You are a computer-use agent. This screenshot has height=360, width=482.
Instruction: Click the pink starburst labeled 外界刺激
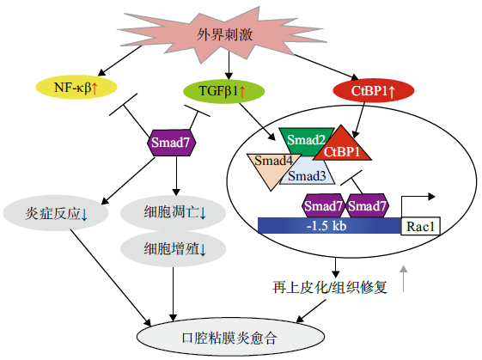224,34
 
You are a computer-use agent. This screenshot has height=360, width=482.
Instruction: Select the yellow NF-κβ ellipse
76,88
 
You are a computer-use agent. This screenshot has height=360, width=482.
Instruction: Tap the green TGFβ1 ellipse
223,91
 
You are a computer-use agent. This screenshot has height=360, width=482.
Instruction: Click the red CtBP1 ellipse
374,90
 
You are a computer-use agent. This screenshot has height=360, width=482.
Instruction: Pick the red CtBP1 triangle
342,148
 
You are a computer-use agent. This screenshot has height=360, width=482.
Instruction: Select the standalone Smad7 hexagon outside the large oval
171,143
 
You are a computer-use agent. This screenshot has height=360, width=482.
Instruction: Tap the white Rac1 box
420,226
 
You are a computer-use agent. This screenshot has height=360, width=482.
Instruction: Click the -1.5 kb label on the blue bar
326,226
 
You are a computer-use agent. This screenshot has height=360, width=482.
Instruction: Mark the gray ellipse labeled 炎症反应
56,213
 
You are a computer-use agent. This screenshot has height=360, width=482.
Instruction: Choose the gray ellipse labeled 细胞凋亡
173,213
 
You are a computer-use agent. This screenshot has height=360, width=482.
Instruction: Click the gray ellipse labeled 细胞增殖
173,248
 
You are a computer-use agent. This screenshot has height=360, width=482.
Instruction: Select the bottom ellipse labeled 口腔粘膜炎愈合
230,338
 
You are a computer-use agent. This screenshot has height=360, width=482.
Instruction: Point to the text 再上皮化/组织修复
330,288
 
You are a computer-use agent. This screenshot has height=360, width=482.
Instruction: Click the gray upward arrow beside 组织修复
403,278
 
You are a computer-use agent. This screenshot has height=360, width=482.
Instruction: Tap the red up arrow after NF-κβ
95,88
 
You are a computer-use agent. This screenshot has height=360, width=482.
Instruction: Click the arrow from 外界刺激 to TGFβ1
229,65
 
